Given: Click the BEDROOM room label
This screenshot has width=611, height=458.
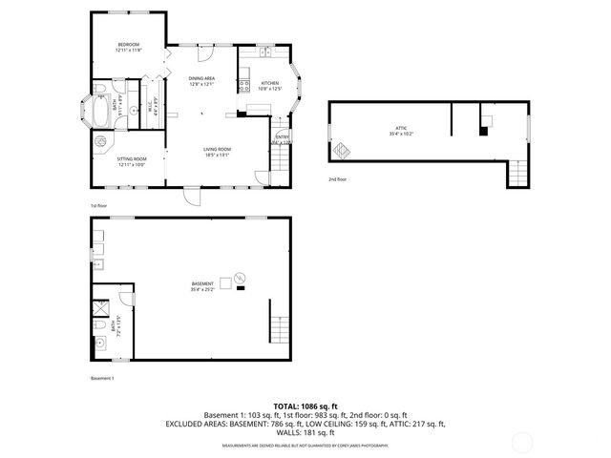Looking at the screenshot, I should click(x=129, y=46).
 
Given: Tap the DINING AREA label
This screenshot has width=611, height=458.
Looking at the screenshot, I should click(x=201, y=79).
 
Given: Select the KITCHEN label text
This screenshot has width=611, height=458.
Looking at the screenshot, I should click(x=270, y=84).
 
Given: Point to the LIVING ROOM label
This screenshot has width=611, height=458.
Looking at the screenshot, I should click(x=218, y=150).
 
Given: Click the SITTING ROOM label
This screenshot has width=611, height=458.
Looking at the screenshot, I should click(x=132, y=159).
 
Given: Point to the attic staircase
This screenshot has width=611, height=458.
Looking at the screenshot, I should click(x=516, y=174).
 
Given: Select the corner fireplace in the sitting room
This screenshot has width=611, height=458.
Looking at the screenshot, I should click(x=100, y=142).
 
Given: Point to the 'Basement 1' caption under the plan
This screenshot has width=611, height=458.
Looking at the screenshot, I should click(x=102, y=378).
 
